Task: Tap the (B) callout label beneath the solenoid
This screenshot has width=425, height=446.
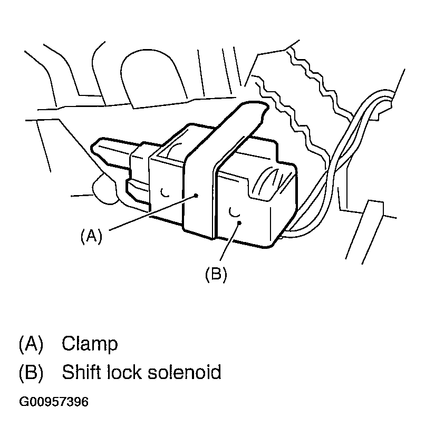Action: tap(216, 275)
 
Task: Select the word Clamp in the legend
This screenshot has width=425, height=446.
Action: tap(90, 344)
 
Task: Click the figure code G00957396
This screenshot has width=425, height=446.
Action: tap(53, 402)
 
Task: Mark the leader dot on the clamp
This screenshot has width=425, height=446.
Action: tap(196, 195)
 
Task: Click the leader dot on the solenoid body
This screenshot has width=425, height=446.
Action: tap(239, 223)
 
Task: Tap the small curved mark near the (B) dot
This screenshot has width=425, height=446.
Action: tap(233, 211)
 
